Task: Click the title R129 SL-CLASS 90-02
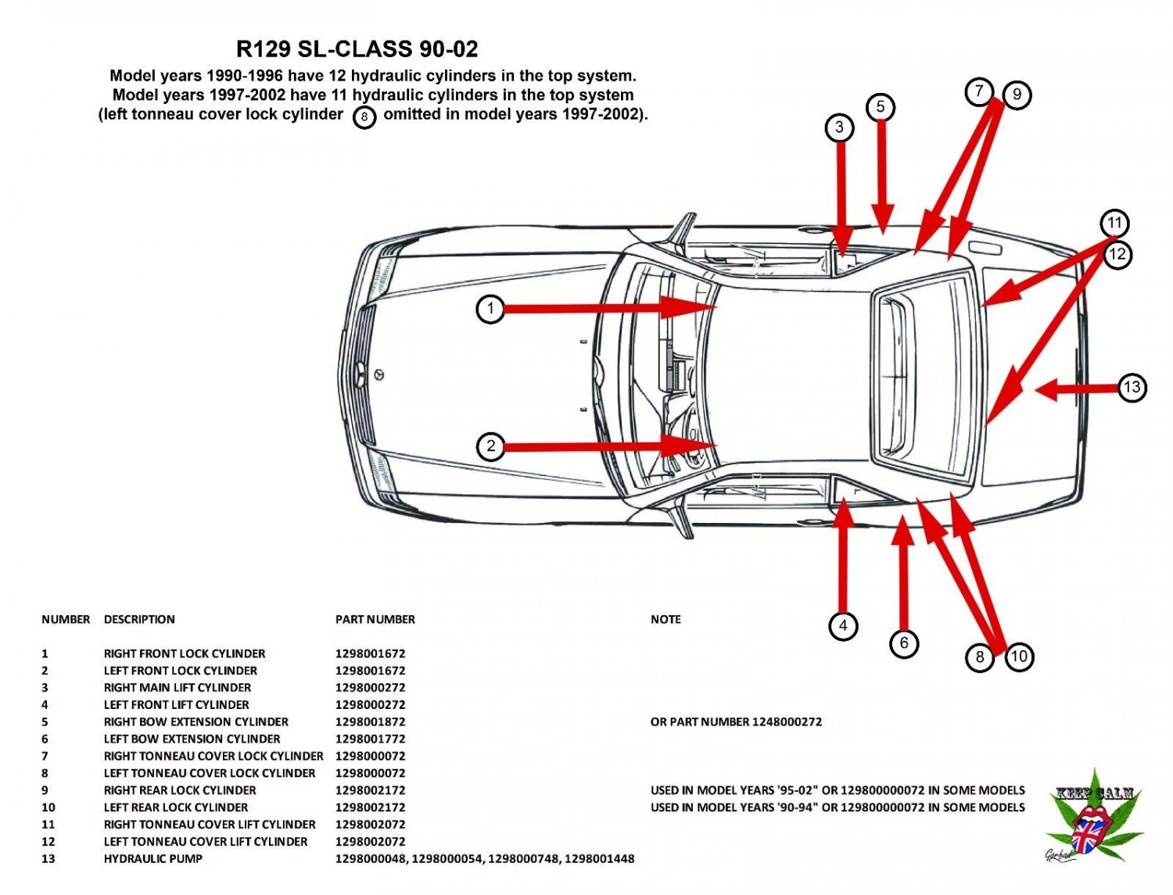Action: pyautogui.click(x=357, y=49)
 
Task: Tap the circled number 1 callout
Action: pyautogui.click(x=490, y=309)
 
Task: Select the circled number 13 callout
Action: pyautogui.click(x=1132, y=387)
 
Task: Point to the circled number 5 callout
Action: pyautogui.click(x=880, y=107)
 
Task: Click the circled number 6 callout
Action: pyautogui.click(x=904, y=643)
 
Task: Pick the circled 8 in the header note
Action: pyautogui.click(x=364, y=117)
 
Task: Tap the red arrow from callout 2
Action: pyautogui.click(x=610, y=446)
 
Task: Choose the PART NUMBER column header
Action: pyautogui.click(x=375, y=619)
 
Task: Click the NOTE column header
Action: pyautogui.click(x=665, y=619)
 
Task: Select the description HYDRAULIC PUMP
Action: pyautogui.click(x=152, y=858)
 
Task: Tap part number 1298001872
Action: pyautogui.click(x=370, y=721)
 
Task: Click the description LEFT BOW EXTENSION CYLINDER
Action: pyautogui.click(x=192, y=739)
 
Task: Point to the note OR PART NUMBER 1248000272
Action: pyautogui.click(x=736, y=721)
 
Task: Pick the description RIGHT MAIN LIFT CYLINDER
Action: pyautogui.click(x=177, y=687)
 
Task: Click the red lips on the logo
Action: pyautogui.click(x=1091, y=820)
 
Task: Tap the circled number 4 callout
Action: pyautogui.click(x=842, y=625)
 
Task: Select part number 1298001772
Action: pyautogui.click(x=370, y=739)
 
